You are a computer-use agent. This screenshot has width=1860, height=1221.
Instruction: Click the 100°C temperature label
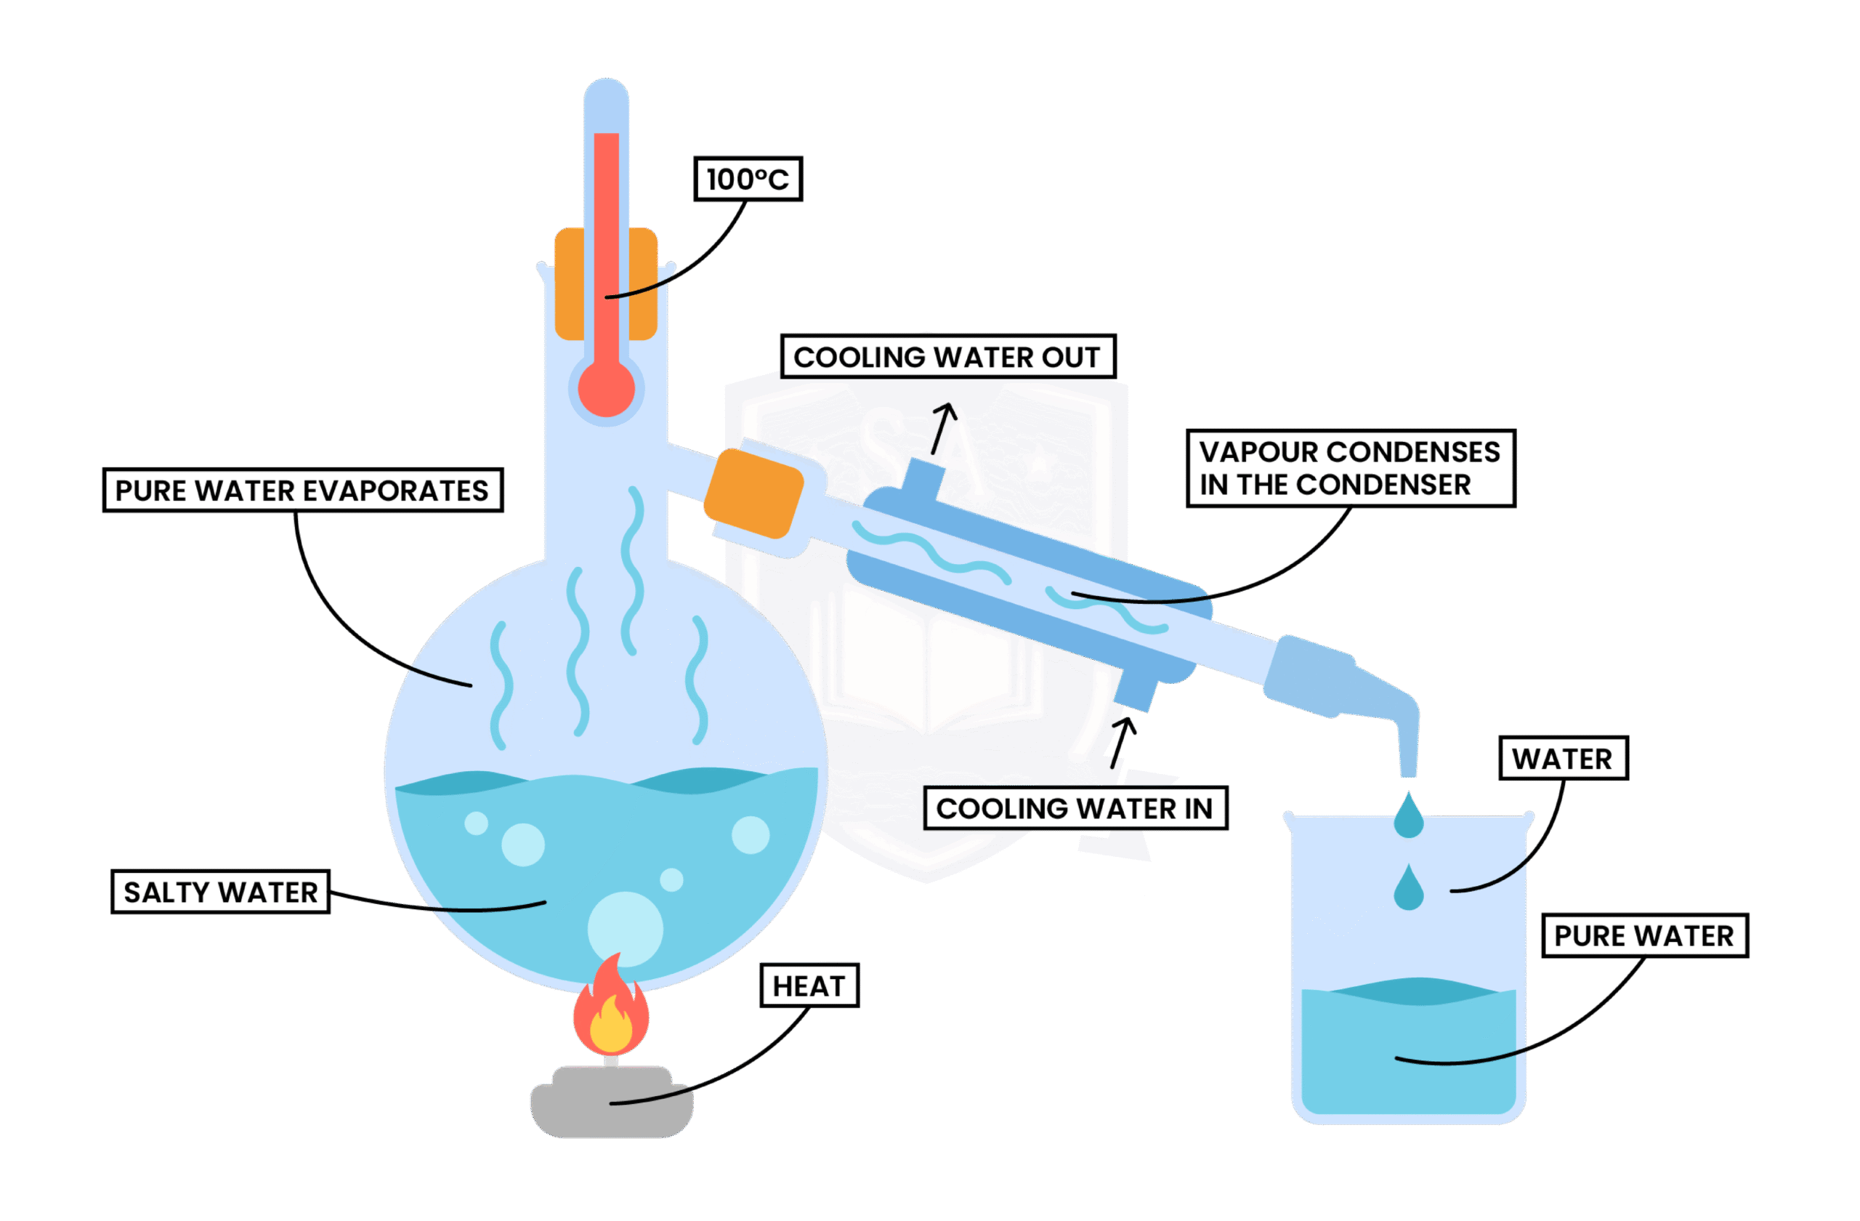click(x=748, y=179)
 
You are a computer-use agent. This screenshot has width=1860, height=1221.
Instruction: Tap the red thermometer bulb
click(x=607, y=389)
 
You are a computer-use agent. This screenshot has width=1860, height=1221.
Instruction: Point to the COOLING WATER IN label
click(x=1075, y=808)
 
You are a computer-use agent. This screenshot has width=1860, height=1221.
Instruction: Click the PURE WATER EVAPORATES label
click(x=302, y=490)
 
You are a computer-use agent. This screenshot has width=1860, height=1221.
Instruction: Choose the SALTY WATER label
click(x=220, y=892)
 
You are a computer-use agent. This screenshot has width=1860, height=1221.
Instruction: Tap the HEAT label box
click(x=809, y=986)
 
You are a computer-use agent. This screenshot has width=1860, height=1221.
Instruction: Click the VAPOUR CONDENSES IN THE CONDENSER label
click(x=1350, y=468)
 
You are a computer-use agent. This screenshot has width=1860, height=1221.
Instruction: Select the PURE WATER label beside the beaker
click(x=1644, y=935)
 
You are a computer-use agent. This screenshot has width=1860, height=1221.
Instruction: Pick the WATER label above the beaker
click(x=1562, y=758)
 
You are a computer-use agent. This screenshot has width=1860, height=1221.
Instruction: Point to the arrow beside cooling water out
click(x=943, y=427)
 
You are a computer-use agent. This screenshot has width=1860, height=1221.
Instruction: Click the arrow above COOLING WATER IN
click(x=1123, y=743)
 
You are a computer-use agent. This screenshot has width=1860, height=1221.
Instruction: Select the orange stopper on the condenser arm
click(x=753, y=494)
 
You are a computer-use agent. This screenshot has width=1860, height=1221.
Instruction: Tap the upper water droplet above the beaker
click(x=1408, y=817)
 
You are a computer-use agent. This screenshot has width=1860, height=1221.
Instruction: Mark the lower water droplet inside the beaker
click(x=1408, y=889)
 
